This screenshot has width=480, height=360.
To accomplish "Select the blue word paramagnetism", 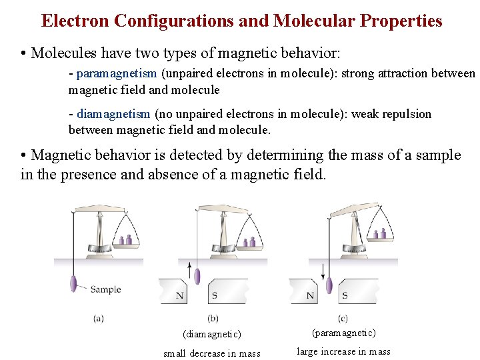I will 117,73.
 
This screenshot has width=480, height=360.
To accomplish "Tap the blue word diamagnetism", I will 114,114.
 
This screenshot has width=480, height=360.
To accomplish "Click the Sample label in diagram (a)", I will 105,289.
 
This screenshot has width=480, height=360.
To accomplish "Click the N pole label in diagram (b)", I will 179,295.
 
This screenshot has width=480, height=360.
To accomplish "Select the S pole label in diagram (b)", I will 214,295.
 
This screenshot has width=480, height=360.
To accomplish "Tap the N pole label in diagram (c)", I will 310,295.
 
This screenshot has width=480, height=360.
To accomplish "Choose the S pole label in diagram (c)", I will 345,295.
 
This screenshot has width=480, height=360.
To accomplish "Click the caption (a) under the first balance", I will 99,319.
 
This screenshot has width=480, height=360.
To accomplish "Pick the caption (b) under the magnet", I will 213,319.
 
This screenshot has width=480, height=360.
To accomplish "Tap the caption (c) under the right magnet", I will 343,319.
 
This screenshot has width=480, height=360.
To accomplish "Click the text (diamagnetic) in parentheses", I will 211,334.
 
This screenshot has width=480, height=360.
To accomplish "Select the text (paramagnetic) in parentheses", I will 343,333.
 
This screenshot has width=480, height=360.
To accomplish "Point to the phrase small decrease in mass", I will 212,353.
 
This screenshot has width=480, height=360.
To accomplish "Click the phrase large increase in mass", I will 343,352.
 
